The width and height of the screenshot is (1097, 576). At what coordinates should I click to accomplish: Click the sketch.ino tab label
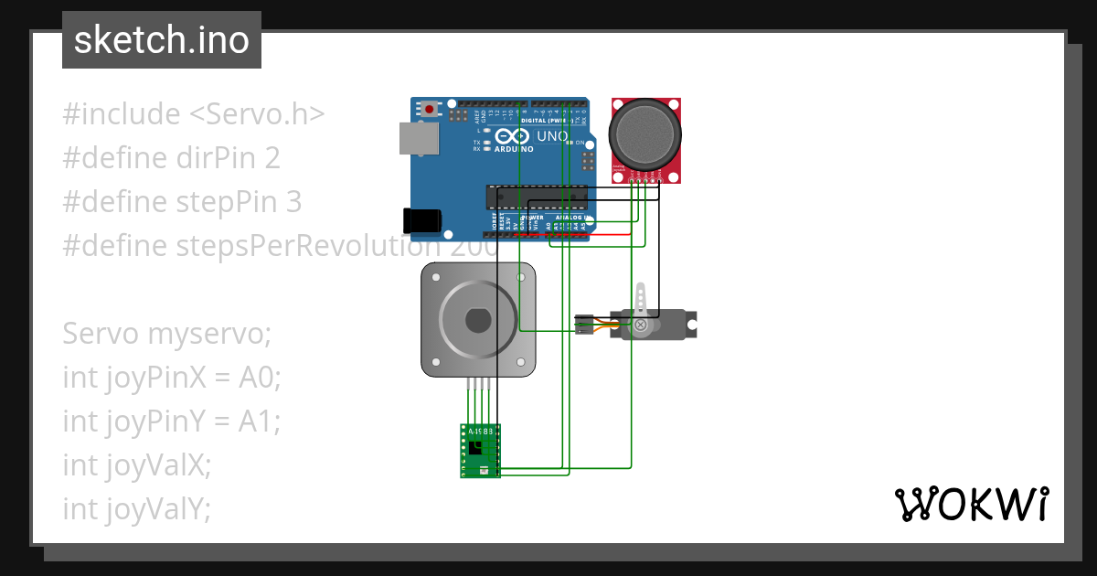[x=161, y=40]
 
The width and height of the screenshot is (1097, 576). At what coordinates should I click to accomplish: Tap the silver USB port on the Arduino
[x=418, y=138]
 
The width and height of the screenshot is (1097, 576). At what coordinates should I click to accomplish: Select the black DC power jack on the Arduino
[x=422, y=219]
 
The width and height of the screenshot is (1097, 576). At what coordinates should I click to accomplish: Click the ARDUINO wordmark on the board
[x=515, y=148]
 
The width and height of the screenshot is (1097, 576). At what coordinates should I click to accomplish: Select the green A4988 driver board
[x=480, y=450]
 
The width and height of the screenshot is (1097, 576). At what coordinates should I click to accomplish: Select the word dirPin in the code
[x=217, y=158]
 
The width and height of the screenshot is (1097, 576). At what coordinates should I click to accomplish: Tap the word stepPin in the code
[x=227, y=202]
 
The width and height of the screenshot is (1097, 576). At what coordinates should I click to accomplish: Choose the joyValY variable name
[x=158, y=509]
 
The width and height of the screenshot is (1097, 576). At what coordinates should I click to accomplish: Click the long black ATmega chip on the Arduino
[x=537, y=197]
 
